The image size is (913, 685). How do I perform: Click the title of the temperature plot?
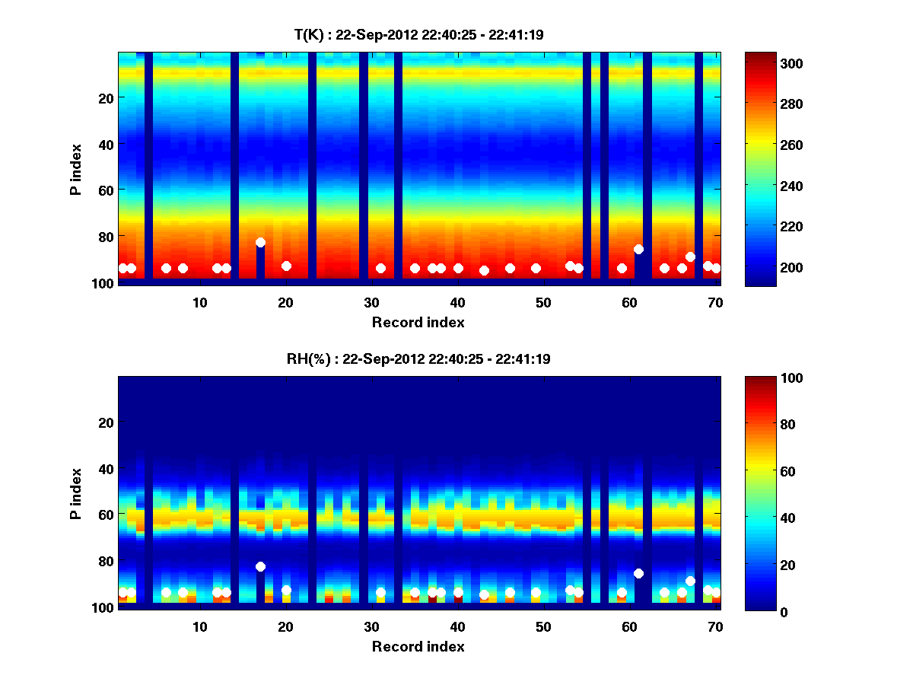418,34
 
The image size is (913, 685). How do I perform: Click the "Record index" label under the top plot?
418,323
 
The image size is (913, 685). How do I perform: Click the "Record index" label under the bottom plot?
418,647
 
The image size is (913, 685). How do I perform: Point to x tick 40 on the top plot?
457,302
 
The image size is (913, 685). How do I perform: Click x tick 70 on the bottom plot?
715,626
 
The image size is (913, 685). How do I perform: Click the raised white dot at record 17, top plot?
260,242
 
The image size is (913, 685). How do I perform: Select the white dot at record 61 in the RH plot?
638,573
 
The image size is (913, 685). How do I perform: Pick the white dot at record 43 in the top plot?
484,270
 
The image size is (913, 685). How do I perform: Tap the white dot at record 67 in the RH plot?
690,581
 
